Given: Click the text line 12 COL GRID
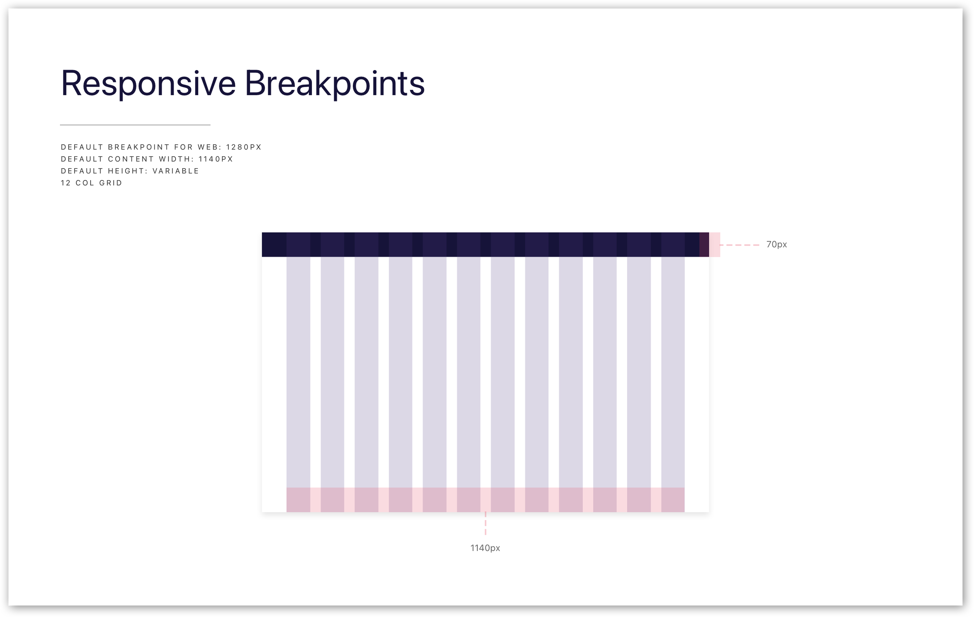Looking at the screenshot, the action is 91,183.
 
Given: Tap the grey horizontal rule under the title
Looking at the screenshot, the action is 135,125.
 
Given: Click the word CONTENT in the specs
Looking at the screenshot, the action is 131,159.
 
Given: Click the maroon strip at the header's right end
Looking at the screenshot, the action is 704,245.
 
